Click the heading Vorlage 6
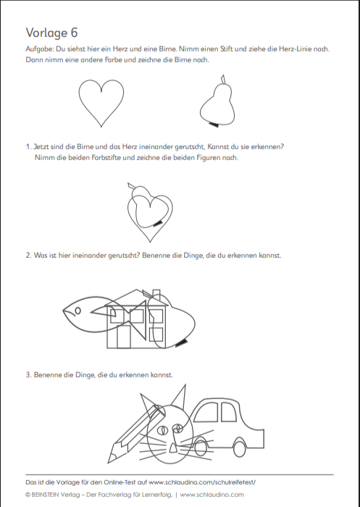(x=51, y=33)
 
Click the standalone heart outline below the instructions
(x=79, y=97)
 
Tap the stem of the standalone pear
(x=223, y=79)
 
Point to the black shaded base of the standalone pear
(x=214, y=124)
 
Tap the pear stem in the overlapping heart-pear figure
(x=132, y=186)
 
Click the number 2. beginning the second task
(x=28, y=256)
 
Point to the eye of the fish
(x=78, y=311)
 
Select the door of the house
(x=124, y=337)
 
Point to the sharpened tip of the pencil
(x=111, y=458)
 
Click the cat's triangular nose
(x=173, y=448)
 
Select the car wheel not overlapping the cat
(x=239, y=447)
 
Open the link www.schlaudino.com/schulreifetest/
(x=203, y=482)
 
